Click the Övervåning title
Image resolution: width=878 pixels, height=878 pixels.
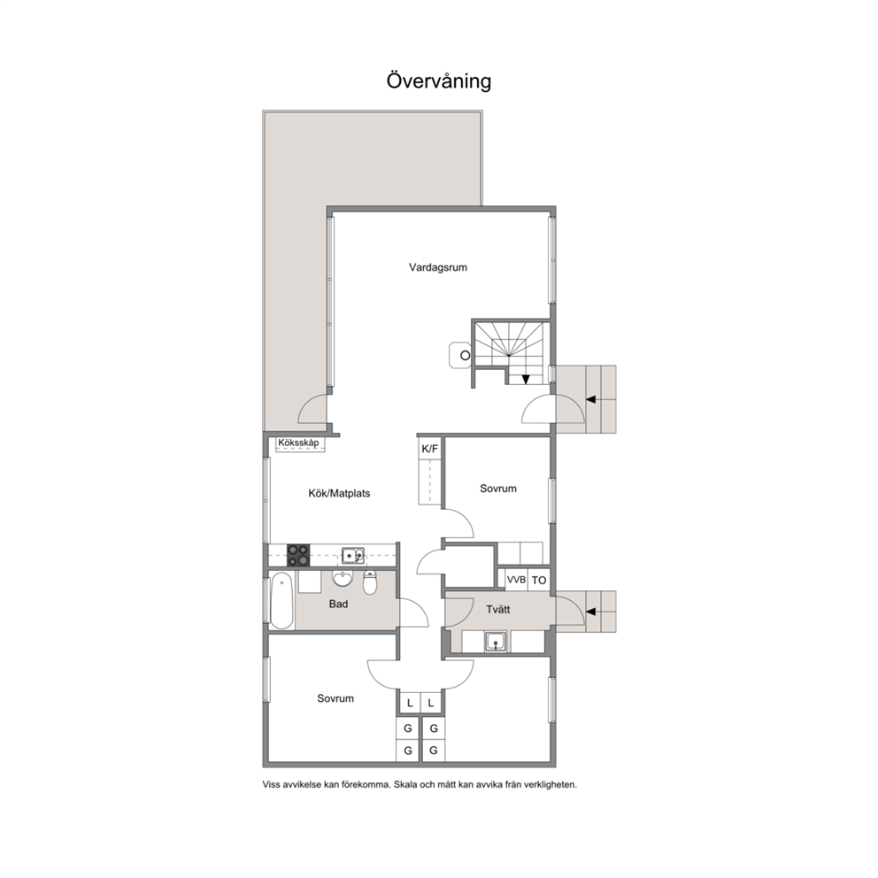[x=439, y=81]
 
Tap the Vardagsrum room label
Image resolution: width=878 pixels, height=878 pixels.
[x=438, y=267]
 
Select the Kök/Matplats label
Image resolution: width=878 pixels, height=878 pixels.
[x=339, y=493]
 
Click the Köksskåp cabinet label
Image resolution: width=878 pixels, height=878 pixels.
[x=298, y=443]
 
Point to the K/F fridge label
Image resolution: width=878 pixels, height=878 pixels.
[x=430, y=449]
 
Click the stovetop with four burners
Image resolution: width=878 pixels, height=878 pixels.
[x=298, y=556]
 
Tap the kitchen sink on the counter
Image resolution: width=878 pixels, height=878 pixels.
[x=353, y=556]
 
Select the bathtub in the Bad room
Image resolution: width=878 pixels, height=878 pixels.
[x=281, y=601]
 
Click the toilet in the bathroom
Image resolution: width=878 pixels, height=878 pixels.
[x=370, y=583]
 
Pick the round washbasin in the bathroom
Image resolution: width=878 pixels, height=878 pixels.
[x=343, y=579]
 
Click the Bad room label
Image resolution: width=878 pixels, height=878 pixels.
[x=338, y=604]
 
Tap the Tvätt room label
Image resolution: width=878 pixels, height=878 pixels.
[x=497, y=609]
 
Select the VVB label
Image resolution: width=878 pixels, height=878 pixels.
[x=516, y=580]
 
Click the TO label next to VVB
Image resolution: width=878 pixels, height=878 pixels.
[x=539, y=580]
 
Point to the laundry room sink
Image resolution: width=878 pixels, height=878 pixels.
[x=497, y=641]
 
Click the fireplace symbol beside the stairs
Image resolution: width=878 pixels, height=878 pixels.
[x=461, y=356]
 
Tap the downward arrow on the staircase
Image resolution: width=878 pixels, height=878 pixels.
[x=525, y=379]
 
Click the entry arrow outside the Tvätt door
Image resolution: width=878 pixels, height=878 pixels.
[x=591, y=612]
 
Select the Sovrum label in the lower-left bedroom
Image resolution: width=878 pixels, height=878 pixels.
[x=335, y=698]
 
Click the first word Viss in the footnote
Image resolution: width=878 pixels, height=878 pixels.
[x=272, y=784]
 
